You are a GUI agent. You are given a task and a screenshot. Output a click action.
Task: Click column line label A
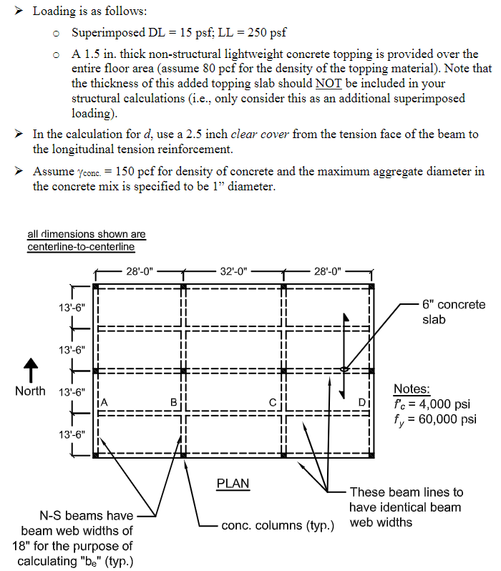(104, 401)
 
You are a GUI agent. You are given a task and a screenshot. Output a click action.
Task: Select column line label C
(273, 401)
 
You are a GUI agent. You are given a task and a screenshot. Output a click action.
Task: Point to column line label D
(362, 401)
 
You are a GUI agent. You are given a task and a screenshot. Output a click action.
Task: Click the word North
(30, 391)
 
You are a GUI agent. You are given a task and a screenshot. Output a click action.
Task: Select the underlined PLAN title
(233, 484)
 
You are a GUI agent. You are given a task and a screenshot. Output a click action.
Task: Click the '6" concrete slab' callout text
(453, 312)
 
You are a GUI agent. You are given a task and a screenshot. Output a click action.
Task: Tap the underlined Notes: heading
(412, 389)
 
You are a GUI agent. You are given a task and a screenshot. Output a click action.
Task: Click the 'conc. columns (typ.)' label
(278, 526)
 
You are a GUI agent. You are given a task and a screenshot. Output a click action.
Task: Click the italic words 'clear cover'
(260, 135)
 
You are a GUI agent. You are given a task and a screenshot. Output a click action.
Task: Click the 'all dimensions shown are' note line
(86, 234)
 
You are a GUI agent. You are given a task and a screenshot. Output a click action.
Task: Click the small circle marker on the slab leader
(344, 370)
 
